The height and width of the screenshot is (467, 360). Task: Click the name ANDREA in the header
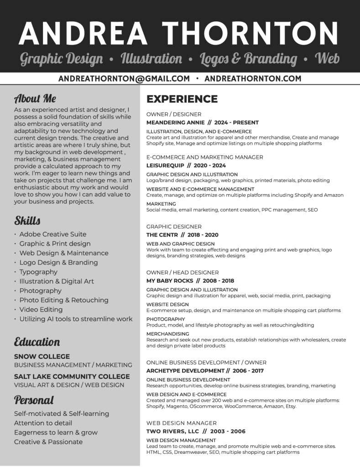click(x=83, y=33)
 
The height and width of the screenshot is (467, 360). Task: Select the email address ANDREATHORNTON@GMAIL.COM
click(x=124, y=78)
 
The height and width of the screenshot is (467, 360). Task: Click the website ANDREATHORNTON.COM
click(x=253, y=78)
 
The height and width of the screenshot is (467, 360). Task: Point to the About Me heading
click(x=35, y=98)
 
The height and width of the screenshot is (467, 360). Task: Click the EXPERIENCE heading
click(x=182, y=99)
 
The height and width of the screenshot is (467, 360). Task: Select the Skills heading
click(x=27, y=221)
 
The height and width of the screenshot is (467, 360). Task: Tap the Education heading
click(x=37, y=342)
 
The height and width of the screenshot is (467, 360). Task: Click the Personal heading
click(x=34, y=400)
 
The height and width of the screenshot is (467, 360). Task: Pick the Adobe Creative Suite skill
click(x=53, y=234)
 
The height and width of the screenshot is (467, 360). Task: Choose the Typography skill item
click(x=38, y=272)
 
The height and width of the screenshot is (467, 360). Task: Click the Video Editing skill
click(x=41, y=310)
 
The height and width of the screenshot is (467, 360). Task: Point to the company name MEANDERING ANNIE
click(x=172, y=123)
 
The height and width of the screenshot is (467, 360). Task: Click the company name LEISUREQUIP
click(x=165, y=166)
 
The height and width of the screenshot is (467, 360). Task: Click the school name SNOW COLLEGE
click(x=42, y=357)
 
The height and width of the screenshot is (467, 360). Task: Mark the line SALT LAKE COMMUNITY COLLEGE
click(x=72, y=377)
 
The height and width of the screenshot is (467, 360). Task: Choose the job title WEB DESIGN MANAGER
click(x=182, y=423)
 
